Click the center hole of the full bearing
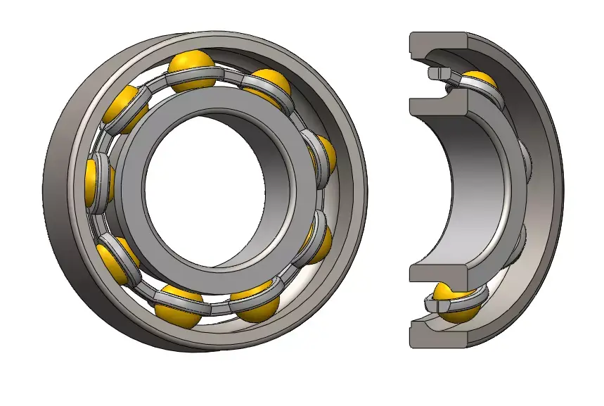pos(204,186)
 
